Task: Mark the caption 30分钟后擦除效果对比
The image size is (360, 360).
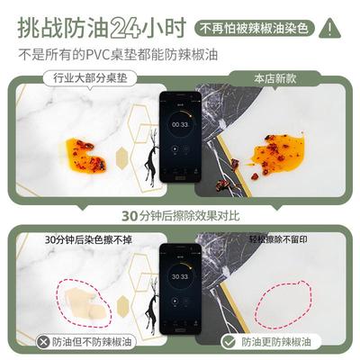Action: point(180,216)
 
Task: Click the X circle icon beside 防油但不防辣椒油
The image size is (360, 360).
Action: point(43,342)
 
